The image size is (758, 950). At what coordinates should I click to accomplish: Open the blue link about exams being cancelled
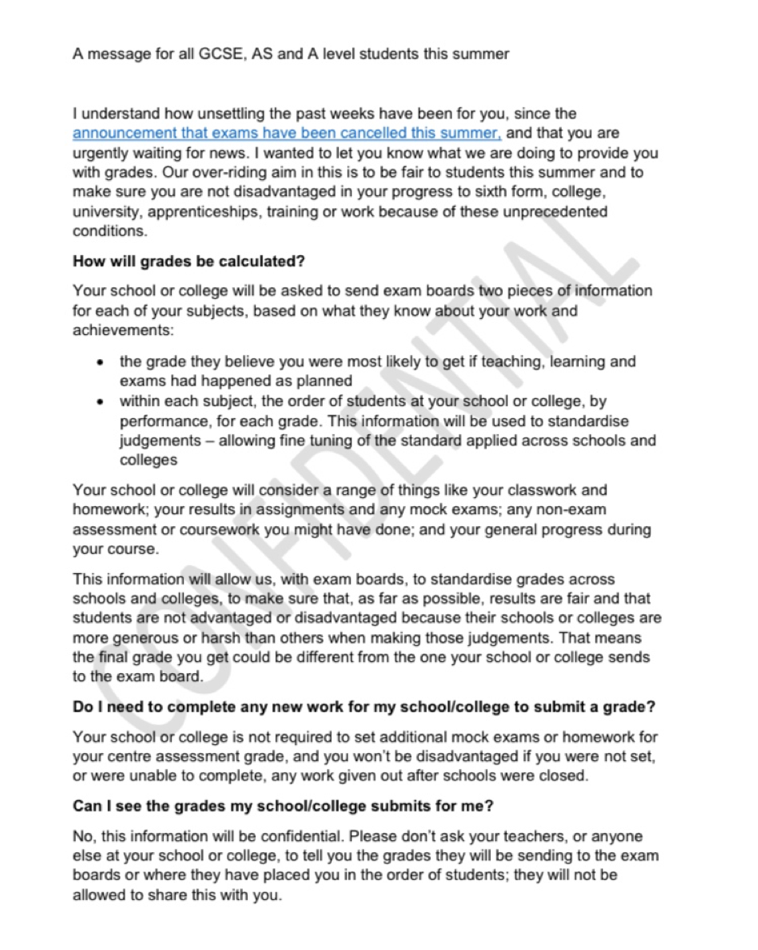(x=287, y=132)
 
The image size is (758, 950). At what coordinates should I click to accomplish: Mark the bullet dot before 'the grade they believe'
(x=99, y=362)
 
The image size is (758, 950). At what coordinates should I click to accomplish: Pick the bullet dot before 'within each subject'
(x=99, y=401)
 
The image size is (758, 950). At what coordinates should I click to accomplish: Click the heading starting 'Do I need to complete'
(x=363, y=707)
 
